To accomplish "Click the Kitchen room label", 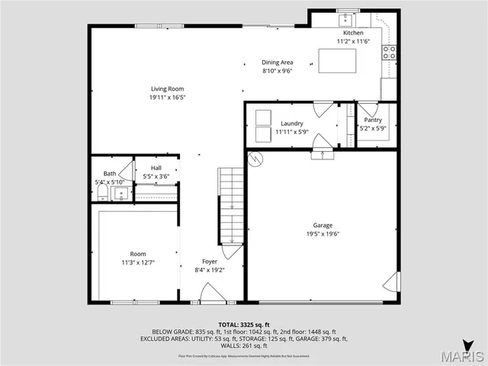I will [x=352, y=34].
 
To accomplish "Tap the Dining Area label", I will [x=278, y=63].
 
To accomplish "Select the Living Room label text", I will [x=166, y=89].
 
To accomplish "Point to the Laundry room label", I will [x=292, y=124].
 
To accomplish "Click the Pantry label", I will [x=373, y=120].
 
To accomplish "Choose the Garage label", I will [x=323, y=225].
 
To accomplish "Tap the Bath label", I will [x=110, y=174].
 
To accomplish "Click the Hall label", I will [x=156, y=168].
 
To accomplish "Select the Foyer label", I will [x=210, y=261].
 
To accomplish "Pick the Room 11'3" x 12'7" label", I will [x=137, y=254].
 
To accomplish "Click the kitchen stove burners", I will [x=389, y=53].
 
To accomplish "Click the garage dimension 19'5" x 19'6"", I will [x=323, y=234].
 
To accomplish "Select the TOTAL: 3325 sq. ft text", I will [x=243, y=325].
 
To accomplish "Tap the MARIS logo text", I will [x=460, y=356].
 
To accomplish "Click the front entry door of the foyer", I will [x=207, y=294].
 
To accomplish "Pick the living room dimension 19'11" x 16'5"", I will [x=166, y=98].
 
